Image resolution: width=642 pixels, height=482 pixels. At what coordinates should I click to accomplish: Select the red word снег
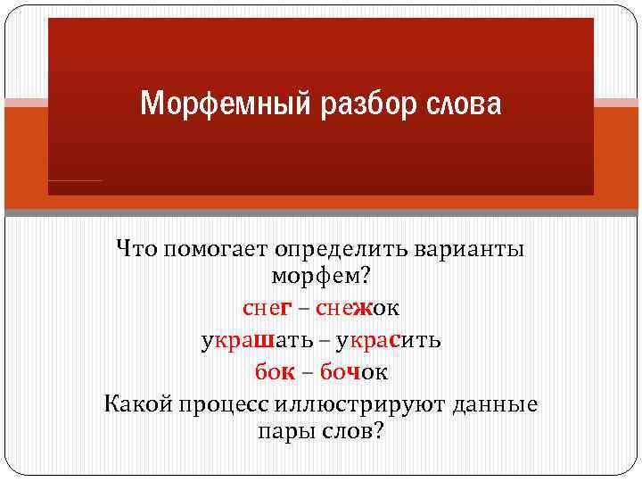(x=267, y=309)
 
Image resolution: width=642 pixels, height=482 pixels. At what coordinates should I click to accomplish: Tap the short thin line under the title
(x=76, y=181)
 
